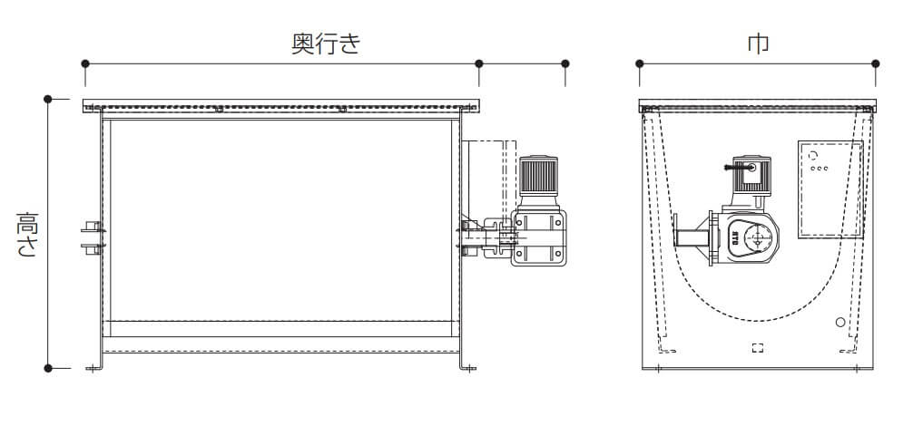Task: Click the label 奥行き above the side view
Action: coord(325,44)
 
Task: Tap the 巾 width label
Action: coord(758,44)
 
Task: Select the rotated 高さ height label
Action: coord(26,235)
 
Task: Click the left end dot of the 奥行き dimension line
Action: coord(84,63)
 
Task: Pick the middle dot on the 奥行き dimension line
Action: coord(478,63)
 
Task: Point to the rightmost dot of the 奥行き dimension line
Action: coord(565,63)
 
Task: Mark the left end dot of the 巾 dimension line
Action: coord(640,63)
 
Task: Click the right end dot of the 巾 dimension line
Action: coord(876,63)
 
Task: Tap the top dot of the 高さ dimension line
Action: coord(48,98)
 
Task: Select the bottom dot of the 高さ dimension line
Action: coord(48,368)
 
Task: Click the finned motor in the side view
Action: coord(537,179)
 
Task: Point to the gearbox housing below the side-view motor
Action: coord(539,237)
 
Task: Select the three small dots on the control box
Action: coord(817,168)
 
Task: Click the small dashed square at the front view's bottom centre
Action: coord(758,348)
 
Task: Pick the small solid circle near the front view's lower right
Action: coord(840,323)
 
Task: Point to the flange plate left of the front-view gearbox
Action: coord(677,239)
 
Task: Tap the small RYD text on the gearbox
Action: coord(733,239)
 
